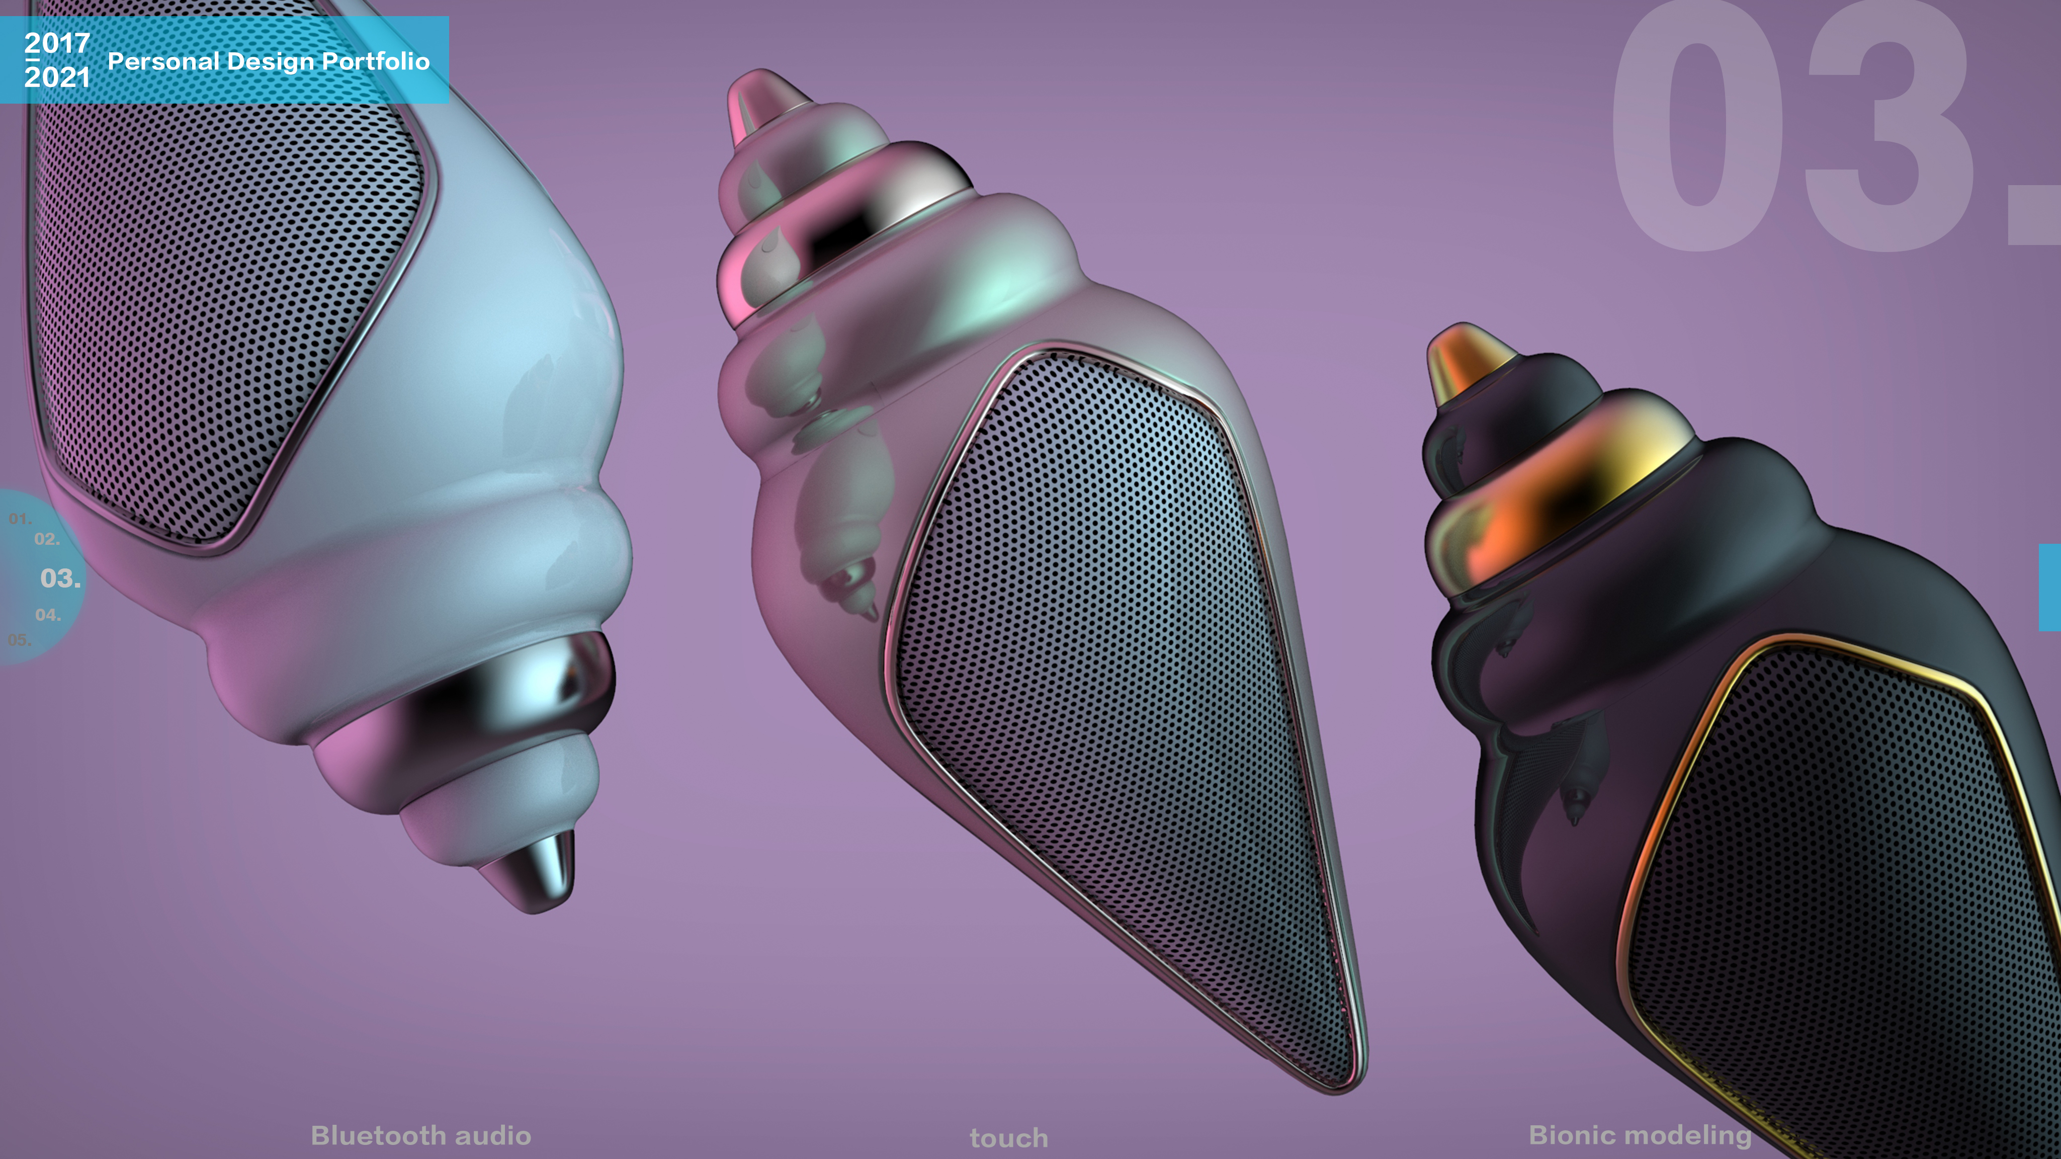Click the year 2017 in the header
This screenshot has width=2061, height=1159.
tap(57, 42)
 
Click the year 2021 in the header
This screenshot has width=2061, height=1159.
tap(57, 77)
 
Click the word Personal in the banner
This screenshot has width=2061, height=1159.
tap(163, 62)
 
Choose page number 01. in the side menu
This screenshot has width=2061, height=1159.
tap(20, 519)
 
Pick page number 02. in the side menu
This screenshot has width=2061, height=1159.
tap(46, 539)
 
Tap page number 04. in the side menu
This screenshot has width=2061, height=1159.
tap(48, 615)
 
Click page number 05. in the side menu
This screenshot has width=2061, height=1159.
tap(19, 639)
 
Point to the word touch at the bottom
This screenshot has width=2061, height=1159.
tap(1009, 1137)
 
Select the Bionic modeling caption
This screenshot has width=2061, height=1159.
tap(1640, 1134)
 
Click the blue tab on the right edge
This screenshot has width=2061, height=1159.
tap(2050, 587)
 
